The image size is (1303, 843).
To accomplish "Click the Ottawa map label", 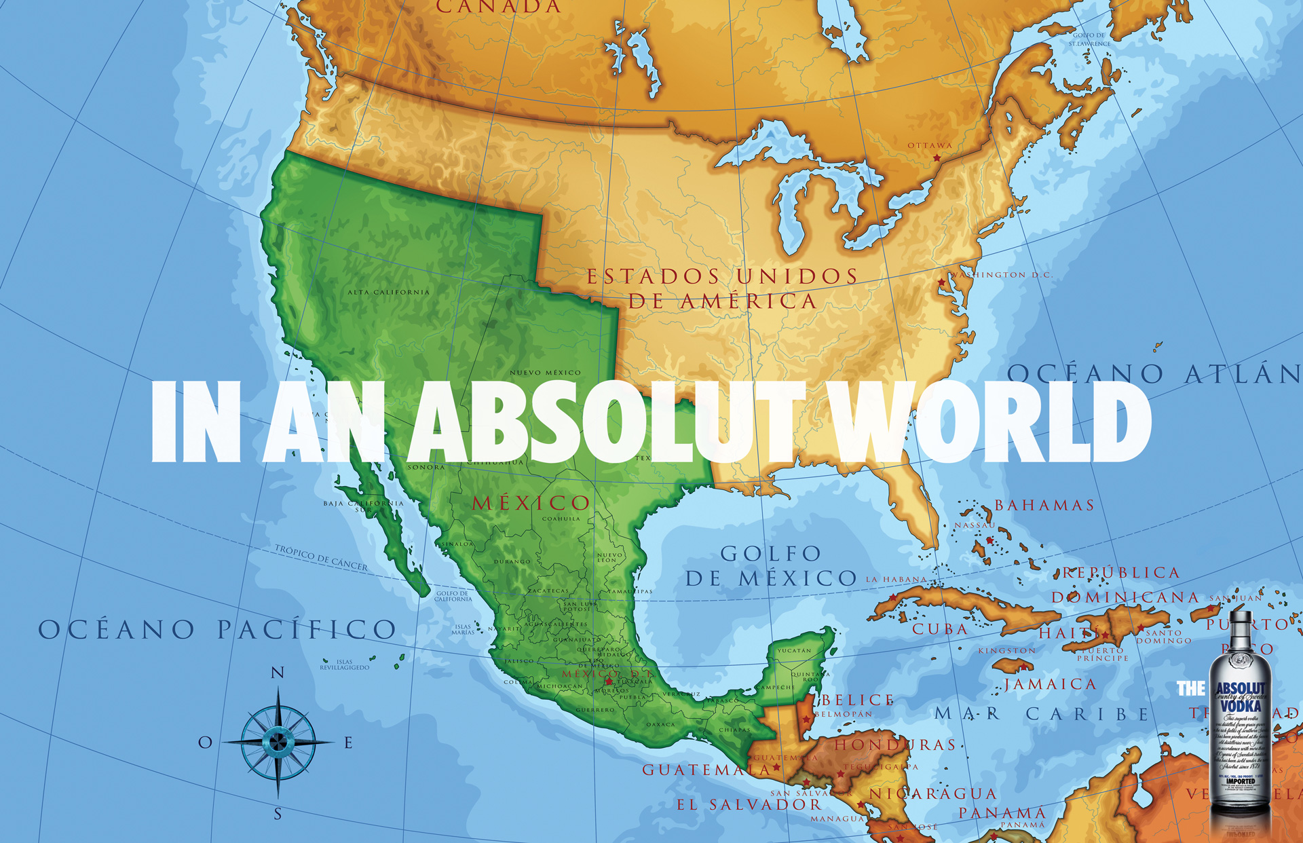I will pos(930,145).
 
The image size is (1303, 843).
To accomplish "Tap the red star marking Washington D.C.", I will pos(941,282).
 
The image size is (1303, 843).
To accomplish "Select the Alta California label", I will pos(388,293).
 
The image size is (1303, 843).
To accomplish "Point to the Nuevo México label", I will pos(545,373).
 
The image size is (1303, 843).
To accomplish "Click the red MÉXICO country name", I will pos(531,503).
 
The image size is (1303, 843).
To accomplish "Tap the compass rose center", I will pos(278,742).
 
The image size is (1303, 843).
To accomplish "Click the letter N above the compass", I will pos(278,673).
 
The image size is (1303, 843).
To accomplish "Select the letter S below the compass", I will pos(278,814).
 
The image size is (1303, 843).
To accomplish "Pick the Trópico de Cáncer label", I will pos(321,557).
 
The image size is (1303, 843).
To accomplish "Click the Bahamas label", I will pos(1044,505).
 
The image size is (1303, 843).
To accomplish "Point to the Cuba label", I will pos(940,629).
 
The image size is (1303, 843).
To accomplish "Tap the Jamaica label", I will pos(1051,684).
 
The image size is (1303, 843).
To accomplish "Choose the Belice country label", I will pos(858,700).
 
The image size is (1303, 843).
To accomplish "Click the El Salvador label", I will pos(749,805).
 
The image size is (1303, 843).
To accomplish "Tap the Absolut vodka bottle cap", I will pos(1239,617).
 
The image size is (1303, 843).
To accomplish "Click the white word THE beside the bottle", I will pos(1190,689).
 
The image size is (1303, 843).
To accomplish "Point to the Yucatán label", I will pos(793,650).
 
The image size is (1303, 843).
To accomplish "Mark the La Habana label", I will pos(896,580).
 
